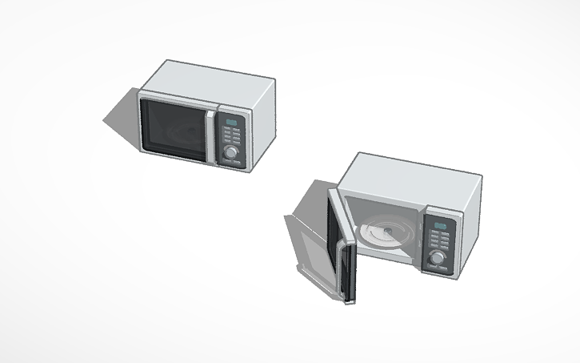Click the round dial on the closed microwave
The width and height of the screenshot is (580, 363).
pos(231,151)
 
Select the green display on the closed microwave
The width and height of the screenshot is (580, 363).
pos(233,123)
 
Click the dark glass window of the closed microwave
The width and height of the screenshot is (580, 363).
pos(172,128)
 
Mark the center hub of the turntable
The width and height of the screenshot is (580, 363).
pos(386,233)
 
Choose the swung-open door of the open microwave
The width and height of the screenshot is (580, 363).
pos(340,244)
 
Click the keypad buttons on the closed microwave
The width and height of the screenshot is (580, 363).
pos(232,135)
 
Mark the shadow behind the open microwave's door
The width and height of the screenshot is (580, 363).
pos(308,240)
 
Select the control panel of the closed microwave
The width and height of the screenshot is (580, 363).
pos(232,139)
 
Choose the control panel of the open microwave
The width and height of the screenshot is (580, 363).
pos(439,245)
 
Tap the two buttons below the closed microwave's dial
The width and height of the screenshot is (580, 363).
pos(230,162)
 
